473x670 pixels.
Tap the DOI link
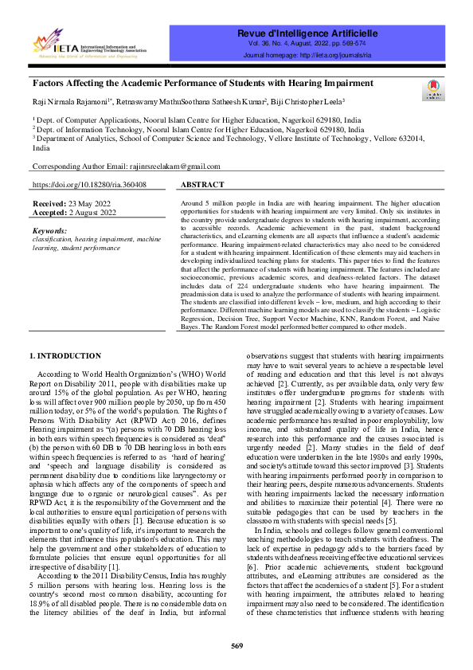tap(88, 184)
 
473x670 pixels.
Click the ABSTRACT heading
tap(202, 184)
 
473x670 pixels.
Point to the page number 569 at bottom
tap(236, 645)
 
